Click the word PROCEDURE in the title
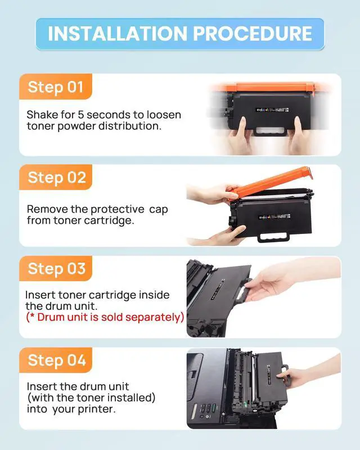(x=253, y=34)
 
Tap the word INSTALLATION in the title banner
(x=118, y=34)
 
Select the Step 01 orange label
(x=56, y=87)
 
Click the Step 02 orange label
(x=56, y=177)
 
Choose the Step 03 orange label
(x=56, y=269)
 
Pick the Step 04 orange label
(x=56, y=360)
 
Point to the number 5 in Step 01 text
(x=81, y=115)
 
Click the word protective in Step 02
(x=118, y=210)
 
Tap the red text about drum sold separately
(x=105, y=317)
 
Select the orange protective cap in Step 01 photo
(x=271, y=87)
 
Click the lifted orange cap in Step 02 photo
(x=271, y=183)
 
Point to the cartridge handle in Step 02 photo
(x=274, y=237)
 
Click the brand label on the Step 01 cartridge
(x=272, y=110)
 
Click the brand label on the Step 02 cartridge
(x=274, y=217)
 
